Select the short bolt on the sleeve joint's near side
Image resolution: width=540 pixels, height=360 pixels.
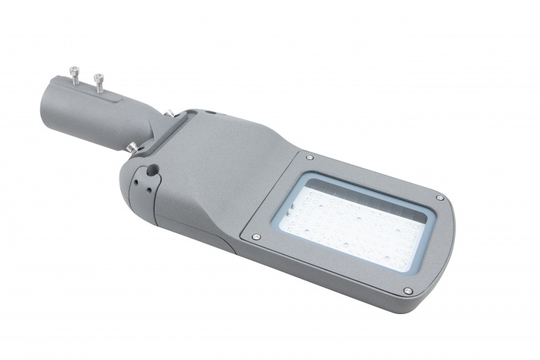click(130, 145)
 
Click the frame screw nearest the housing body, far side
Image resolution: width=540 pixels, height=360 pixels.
click(309, 157)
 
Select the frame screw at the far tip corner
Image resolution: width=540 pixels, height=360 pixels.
click(439, 198)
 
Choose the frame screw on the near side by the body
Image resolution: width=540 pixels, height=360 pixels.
click(256, 236)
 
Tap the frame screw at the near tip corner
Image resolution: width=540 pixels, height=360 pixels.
click(408, 290)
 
